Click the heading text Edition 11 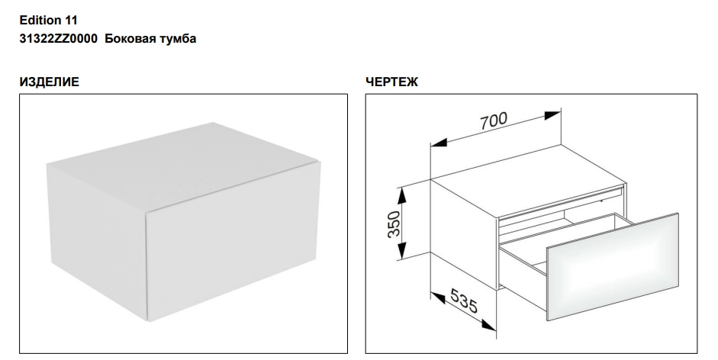coord(49,20)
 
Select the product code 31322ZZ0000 coord(58,38)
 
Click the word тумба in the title coord(178,39)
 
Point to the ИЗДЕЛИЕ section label coord(49,82)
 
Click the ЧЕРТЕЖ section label coord(391,82)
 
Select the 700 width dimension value coord(494,121)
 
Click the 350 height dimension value coord(394,224)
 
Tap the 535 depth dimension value coord(464,301)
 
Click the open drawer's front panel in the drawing coord(612,266)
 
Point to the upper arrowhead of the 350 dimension coord(401,196)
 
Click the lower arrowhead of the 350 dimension coord(401,250)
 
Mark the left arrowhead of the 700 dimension coord(439,143)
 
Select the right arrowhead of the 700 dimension coord(552,114)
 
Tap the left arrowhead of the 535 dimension coord(438,299)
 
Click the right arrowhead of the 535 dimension coord(488,325)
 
